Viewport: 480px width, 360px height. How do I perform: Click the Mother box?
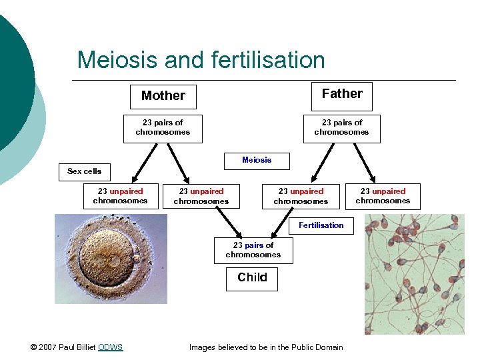[163, 96]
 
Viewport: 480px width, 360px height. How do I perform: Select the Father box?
[342, 95]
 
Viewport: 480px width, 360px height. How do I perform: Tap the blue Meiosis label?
[257, 160]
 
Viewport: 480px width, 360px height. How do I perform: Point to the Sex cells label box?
[85, 171]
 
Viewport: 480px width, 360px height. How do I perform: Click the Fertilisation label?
[321, 225]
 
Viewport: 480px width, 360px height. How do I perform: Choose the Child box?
[252, 277]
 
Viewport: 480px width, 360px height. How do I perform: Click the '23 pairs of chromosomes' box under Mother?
[163, 127]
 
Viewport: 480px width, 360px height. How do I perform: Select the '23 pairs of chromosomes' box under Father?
[341, 127]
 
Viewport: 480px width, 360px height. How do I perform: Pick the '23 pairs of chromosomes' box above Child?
[253, 250]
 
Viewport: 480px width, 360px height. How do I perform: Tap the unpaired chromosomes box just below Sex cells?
[120, 196]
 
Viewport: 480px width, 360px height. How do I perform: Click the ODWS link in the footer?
[110, 347]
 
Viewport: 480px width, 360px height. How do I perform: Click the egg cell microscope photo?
[111, 259]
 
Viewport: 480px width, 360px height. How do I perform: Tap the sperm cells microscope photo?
[413, 273]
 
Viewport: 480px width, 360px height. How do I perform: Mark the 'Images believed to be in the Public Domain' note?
[266, 347]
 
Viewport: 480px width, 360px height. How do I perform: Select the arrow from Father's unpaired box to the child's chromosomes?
[285, 222]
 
